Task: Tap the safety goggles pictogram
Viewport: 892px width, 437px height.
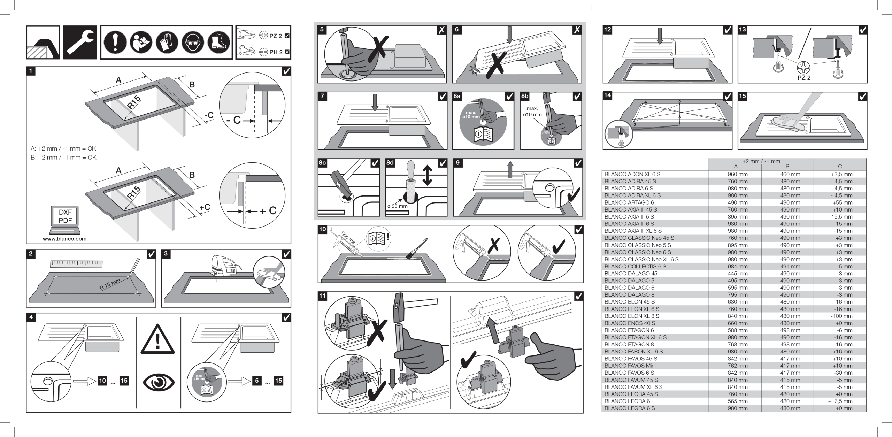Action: (x=193, y=43)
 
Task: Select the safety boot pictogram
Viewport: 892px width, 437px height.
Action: (x=219, y=43)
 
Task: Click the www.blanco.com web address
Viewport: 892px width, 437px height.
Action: (x=65, y=239)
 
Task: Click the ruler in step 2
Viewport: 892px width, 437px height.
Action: (x=76, y=264)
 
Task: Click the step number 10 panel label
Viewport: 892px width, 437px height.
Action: (x=323, y=229)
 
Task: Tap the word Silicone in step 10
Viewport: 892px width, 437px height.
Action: (x=348, y=238)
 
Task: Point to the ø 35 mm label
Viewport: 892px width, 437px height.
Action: (x=397, y=206)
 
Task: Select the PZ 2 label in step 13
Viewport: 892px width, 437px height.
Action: (x=804, y=78)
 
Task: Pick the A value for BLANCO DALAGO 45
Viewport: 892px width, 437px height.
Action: (x=737, y=274)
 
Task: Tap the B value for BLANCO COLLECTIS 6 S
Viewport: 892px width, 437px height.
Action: (x=790, y=267)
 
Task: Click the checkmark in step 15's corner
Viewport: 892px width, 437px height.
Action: (x=862, y=97)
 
